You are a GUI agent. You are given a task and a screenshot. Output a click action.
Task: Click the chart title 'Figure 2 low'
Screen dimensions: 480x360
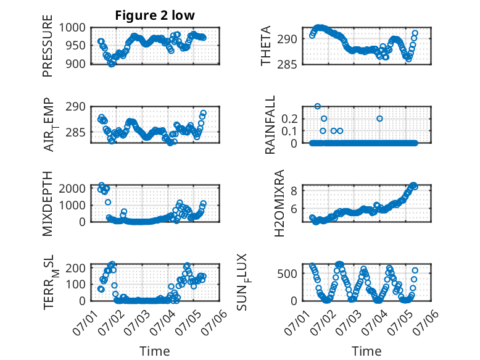[x=155, y=15]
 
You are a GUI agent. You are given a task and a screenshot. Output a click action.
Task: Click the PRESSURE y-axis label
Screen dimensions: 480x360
[x=48, y=46]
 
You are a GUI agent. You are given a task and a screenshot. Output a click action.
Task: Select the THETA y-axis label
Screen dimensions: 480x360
[x=266, y=46]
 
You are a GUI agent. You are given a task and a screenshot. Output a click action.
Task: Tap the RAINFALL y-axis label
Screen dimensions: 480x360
[x=270, y=125]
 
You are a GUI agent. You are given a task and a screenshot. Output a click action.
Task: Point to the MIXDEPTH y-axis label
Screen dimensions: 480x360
[x=48, y=203]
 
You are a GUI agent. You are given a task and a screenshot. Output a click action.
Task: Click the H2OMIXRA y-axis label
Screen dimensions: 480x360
[x=279, y=203]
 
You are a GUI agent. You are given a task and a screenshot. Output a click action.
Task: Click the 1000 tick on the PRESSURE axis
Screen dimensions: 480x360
[x=72, y=28]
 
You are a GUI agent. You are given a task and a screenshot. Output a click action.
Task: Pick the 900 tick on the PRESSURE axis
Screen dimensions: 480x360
[x=76, y=64]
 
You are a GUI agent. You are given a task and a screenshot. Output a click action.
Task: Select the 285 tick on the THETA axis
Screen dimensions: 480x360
[x=287, y=65]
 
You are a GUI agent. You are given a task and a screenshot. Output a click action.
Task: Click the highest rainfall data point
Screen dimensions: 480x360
[x=318, y=106]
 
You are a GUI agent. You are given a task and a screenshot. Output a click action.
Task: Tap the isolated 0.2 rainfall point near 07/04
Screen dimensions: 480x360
[x=379, y=119]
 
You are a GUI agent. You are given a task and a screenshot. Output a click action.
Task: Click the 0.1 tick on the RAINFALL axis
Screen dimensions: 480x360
[x=289, y=131]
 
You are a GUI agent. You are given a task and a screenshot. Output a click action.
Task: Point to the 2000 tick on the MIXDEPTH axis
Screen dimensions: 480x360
[x=72, y=188]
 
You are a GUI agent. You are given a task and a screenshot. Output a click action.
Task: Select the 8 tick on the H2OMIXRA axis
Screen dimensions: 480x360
[x=294, y=191]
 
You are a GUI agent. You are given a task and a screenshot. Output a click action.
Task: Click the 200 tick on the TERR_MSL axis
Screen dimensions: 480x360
[x=76, y=269]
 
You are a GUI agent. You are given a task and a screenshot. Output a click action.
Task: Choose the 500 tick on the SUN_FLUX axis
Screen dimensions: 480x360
[x=287, y=274]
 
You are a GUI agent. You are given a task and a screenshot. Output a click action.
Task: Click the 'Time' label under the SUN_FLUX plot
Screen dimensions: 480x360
[x=366, y=351]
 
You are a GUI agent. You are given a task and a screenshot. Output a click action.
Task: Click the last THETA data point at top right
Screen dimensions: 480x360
[x=415, y=33]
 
